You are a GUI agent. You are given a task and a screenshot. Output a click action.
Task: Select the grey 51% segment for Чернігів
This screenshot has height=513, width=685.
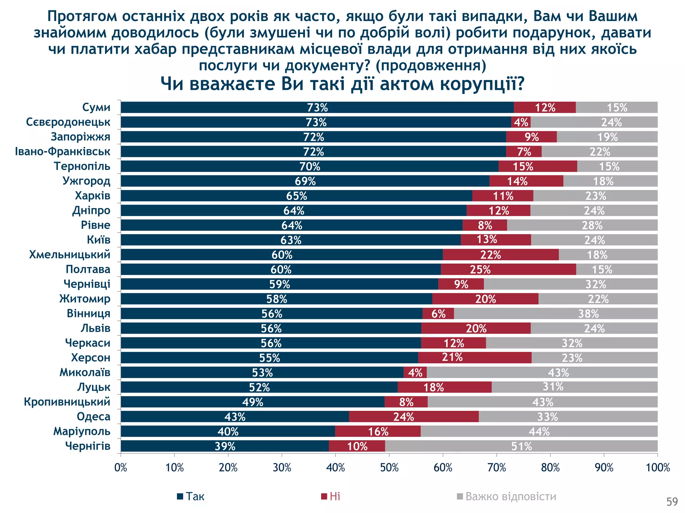[x=521, y=446]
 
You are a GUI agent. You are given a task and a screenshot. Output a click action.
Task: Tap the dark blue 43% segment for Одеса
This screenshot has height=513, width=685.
[x=235, y=416]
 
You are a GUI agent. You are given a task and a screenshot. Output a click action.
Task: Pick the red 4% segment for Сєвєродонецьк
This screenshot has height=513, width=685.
[x=521, y=122]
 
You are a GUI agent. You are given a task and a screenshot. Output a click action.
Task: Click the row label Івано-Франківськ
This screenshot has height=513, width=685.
[x=63, y=151]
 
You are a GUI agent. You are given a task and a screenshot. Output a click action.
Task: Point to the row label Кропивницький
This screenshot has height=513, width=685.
[x=67, y=401]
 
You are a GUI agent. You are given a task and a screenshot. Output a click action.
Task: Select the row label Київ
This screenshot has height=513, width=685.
[x=98, y=240]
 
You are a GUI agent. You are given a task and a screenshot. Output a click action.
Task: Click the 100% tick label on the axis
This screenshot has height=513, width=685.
[x=658, y=468]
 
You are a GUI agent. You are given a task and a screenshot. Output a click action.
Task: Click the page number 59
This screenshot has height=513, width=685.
[x=672, y=502]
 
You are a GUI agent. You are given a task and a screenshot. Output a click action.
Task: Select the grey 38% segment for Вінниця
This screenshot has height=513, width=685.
[x=555, y=314]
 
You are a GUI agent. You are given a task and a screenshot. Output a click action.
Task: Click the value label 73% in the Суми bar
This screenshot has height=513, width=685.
[x=317, y=108]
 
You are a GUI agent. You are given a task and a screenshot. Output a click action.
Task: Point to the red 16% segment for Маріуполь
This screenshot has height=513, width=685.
[x=378, y=431]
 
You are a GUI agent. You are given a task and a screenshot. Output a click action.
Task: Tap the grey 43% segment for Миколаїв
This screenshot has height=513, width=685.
[x=542, y=372]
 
